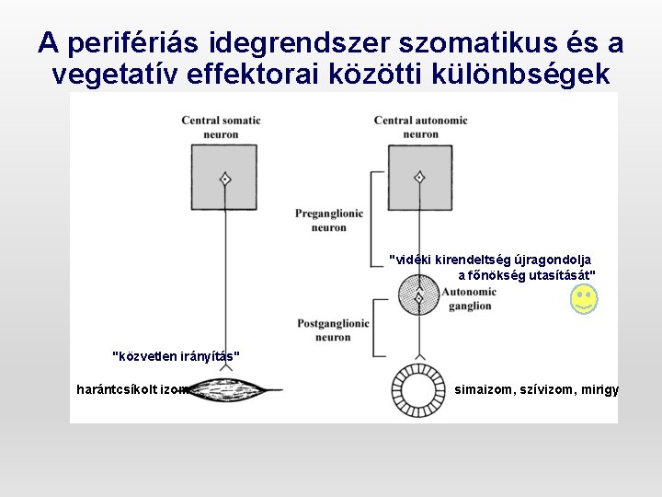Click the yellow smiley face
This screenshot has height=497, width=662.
pyautogui.click(x=584, y=298)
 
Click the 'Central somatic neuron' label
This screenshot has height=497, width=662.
pyautogui.click(x=221, y=127)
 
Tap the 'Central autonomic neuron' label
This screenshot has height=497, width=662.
pyautogui.click(x=420, y=127)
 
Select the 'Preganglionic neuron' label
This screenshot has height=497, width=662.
pyautogui.click(x=329, y=220)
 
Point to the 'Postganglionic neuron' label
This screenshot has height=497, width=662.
pyautogui.click(x=333, y=330)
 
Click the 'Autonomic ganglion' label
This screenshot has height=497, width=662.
pyautogui.click(x=469, y=298)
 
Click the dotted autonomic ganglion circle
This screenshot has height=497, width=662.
pyautogui.click(x=419, y=296)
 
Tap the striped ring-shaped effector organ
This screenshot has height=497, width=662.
pyautogui.click(x=419, y=390)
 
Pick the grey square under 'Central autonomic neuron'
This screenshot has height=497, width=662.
pyautogui.click(x=419, y=179)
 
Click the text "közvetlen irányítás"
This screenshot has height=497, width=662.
pyautogui.click(x=176, y=355)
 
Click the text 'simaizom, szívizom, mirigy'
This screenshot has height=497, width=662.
pyautogui.click(x=537, y=390)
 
